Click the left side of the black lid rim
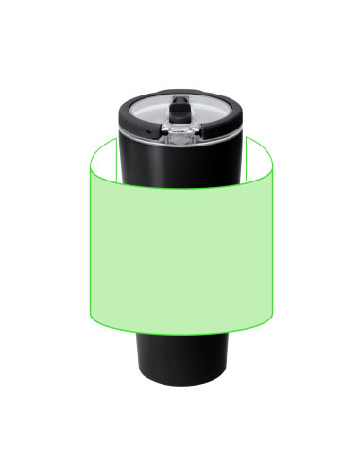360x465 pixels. coord(125,121)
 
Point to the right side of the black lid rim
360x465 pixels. coord(235,121)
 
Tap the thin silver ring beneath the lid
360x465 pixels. coord(180,141)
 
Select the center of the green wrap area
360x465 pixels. coord(180,255)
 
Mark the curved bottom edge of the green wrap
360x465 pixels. coord(180,333)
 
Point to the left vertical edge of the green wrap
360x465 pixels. coord(88,246)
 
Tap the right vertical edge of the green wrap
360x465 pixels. coord(273,246)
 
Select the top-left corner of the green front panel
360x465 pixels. coord(89,171)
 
